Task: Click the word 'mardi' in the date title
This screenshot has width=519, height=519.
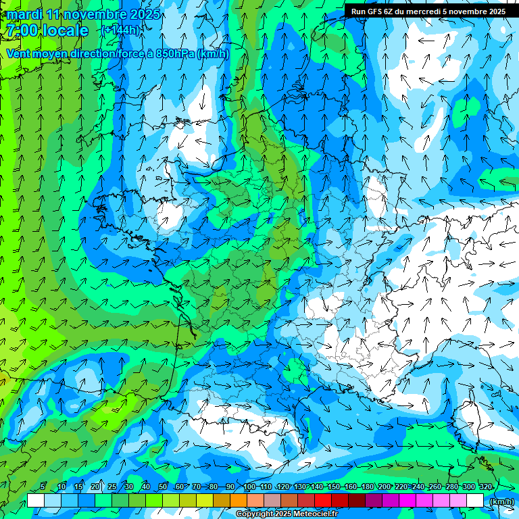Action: point(24,14)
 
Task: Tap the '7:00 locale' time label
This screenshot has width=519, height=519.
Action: point(47,30)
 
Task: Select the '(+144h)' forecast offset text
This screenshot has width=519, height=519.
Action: point(121,30)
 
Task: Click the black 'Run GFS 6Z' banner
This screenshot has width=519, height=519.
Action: point(428,11)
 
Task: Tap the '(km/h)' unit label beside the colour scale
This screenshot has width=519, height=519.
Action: point(501,501)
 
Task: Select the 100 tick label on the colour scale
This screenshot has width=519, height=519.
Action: point(249,487)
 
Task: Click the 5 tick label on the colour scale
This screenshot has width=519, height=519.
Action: point(43,487)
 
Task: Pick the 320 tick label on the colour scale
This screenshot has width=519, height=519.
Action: point(485,487)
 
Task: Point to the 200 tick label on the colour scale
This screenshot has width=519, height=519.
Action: point(384,487)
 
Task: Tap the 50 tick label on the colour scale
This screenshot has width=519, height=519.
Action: point(162,487)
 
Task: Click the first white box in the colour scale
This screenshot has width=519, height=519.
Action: point(36,500)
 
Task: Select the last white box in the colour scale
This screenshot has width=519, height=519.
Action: point(475,500)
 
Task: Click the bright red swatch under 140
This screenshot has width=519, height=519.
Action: point(323,500)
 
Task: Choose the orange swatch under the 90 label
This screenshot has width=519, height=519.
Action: point(239,500)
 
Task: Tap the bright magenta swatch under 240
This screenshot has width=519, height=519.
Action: point(424,500)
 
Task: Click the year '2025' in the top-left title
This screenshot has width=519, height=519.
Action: point(145,14)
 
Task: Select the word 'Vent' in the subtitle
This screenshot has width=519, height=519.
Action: point(19,54)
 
